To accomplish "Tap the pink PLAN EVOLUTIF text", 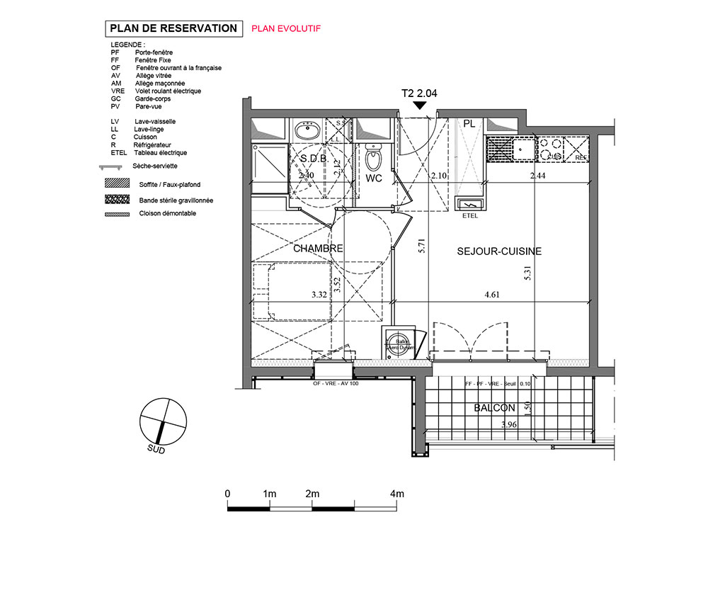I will coord(286,29).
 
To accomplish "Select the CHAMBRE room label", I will coord(317,249).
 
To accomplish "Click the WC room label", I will coord(374,178).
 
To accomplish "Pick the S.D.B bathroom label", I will coord(312,158).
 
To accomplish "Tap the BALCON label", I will coord(494,408).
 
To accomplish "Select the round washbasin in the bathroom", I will coord(307,131).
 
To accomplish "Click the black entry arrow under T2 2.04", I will coord(420,106).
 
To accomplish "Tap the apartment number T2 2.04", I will coord(420,93).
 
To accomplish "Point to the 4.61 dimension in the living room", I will coord(493,296).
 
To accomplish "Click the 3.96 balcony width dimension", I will coord(509,425).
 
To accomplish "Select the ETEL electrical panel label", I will coord(470,216).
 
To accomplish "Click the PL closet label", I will coord(469,123).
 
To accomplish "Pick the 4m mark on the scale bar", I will coord(396,494).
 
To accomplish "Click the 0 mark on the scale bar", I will coord(227,494).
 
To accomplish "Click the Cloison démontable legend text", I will coord(167,213).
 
